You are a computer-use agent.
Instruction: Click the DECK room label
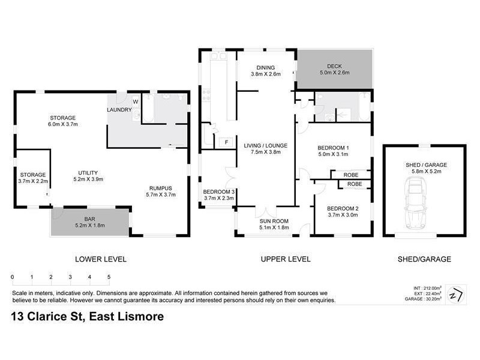point(334,66)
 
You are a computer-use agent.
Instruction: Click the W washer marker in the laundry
point(135,102)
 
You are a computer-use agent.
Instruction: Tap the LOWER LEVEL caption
point(100,259)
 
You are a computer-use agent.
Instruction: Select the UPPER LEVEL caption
point(285,259)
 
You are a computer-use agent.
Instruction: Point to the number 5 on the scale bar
point(109,277)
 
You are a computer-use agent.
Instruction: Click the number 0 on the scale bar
point(12,277)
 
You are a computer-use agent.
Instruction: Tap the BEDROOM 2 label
point(343,209)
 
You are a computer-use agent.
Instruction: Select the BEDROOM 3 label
point(219,191)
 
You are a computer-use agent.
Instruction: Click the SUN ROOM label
point(274,221)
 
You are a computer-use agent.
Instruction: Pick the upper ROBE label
point(351,175)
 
